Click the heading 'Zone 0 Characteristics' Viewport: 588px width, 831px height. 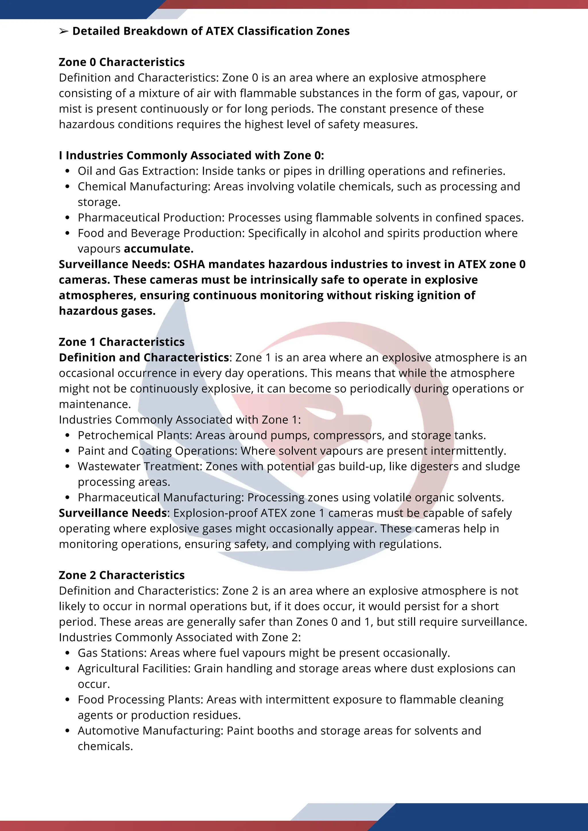click(122, 62)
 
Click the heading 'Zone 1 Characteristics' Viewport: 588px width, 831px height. click(122, 342)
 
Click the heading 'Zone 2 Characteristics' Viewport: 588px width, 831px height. click(122, 575)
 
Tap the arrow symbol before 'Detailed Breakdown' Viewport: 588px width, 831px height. click(64, 32)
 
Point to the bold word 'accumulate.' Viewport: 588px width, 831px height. click(158, 249)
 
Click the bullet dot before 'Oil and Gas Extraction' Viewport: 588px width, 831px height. click(67, 171)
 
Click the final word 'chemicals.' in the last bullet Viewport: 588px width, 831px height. click(105, 746)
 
